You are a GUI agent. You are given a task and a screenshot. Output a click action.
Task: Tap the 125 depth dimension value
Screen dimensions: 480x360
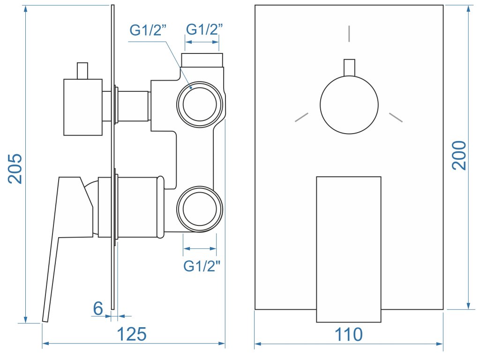[131, 334]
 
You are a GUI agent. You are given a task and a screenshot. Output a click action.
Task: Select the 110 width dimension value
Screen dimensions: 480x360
[349, 334]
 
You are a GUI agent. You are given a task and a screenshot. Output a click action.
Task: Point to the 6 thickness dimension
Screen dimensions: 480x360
[97, 308]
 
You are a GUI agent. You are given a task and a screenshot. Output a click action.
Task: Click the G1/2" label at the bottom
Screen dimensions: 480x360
[202, 266]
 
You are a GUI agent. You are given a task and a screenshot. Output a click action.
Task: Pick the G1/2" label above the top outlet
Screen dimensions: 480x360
[204, 29]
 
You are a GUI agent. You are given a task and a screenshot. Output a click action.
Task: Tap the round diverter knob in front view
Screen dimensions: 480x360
[349, 105]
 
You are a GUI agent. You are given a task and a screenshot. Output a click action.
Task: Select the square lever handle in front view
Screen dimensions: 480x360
[349, 249]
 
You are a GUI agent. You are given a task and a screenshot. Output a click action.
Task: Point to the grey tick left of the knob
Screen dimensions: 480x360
[302, 117]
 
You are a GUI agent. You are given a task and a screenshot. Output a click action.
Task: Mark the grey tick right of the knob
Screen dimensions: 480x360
[396, 117]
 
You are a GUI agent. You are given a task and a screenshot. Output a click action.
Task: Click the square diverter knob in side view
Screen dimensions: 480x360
[83, 107]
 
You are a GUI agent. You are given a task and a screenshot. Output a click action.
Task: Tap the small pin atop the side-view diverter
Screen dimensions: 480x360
[83, 71]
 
